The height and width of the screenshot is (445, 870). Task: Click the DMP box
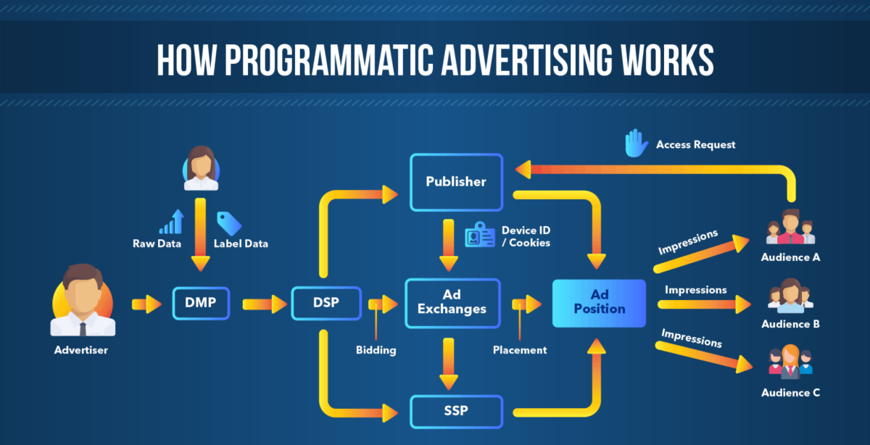(x=200, y=303)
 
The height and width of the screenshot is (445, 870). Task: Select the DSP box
(x=326, y=303)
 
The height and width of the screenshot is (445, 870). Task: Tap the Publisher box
(x=456, y=181)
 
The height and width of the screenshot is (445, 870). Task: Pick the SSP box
(x=456, y=411)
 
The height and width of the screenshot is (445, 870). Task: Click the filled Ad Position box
(x=599, y=303)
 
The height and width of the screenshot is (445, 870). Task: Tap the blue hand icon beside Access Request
(x=637, y=144)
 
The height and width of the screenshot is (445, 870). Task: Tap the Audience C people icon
(x=790, y=363)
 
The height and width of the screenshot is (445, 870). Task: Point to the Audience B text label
(x=790, y=324)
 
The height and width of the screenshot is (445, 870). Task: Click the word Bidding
(x=376, y=350)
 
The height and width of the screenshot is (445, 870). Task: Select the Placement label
(x=519, y=350)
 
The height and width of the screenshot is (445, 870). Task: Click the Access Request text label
(x=695, y=144)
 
